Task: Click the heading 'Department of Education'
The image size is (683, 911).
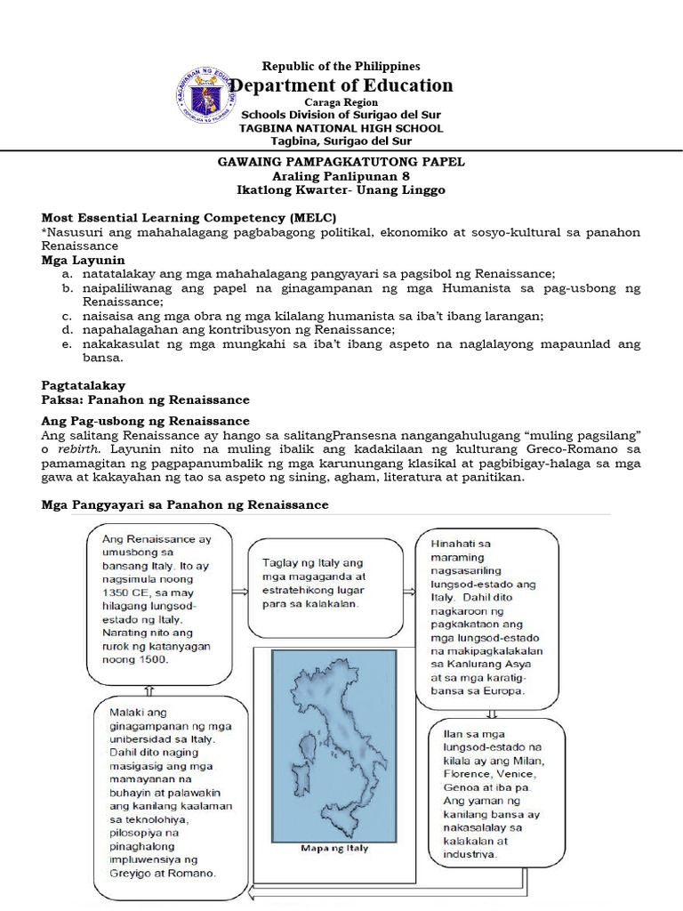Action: [341, 85]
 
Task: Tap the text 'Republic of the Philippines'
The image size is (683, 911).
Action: [341, 66]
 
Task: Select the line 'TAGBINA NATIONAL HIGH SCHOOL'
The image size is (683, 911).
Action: [341, 128]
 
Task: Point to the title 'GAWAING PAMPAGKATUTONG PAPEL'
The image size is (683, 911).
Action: [341, 162]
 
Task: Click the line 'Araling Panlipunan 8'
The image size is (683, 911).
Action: [341, 176]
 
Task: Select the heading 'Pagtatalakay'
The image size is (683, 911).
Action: [84, 386]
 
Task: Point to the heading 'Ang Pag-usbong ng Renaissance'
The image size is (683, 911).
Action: [146, 420]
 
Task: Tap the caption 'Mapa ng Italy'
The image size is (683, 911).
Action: [333, 848]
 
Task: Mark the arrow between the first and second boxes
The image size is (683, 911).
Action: [238, 590]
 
